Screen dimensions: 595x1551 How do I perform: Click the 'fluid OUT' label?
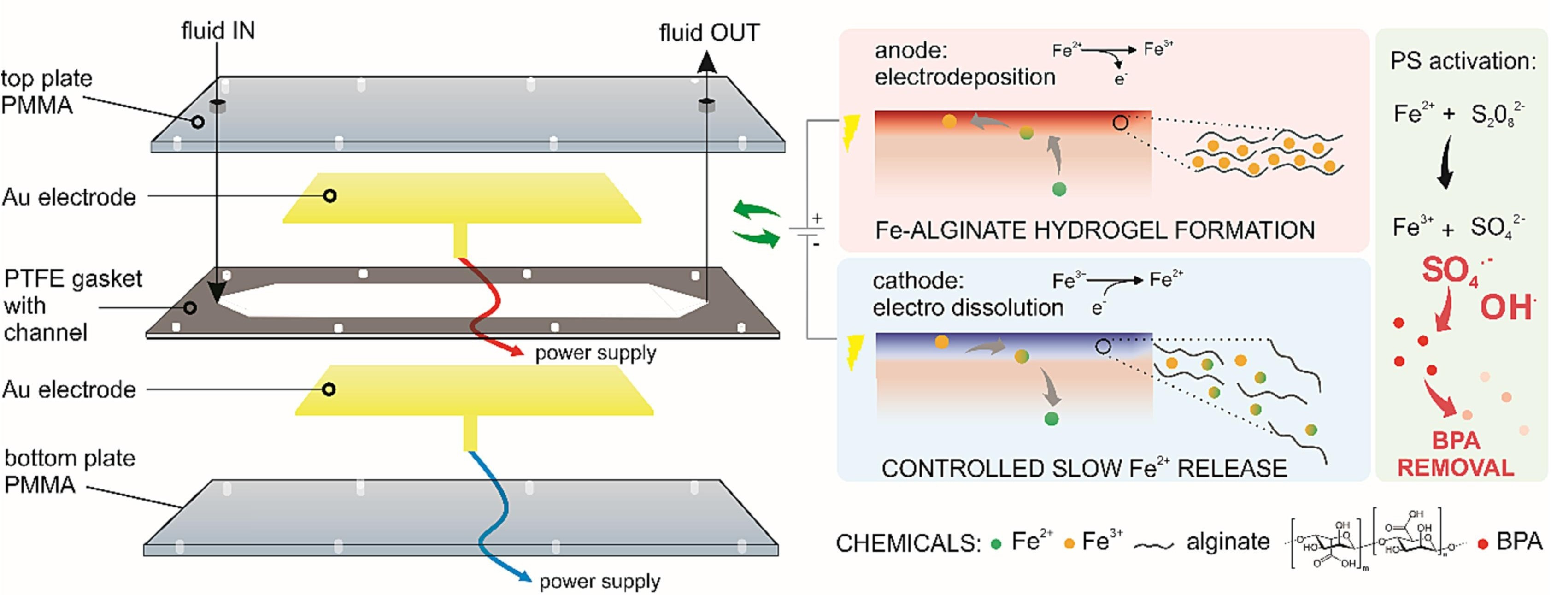pyautogui.click(x=709, y=33)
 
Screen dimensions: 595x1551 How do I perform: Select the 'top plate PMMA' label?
pyautogui.click(x=47, y=92)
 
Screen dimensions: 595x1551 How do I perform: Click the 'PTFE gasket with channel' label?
pyautogui.click(x=72, y=305)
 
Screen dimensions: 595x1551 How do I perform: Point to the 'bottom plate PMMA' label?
pyautogui.click(x=69, y=471)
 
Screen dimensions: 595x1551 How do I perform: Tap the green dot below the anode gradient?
pyautogui.click(x=1059, y=189)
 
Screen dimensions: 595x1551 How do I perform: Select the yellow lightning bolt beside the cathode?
pyautogui.click(x=854, y=352)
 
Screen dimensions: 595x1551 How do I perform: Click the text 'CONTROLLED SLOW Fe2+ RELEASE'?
pyautogui.click(x=1084, y=468)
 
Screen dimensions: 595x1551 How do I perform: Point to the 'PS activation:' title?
pyautogui.click(x=1463, y=61)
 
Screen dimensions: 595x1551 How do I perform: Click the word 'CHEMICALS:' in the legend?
pyautogui.click(x=908, y=543)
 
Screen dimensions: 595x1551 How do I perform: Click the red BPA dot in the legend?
pyautogui.click(x=1483, y=544)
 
